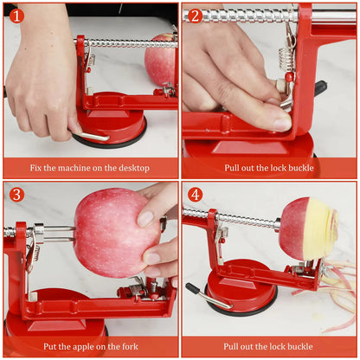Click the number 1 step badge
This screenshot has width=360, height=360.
pyautogui.click(x=16, y=15)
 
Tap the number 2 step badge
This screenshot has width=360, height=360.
pyautogui.click(x=196, y=15)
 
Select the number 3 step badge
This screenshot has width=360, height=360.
pyautogui.click(x=16, y=195)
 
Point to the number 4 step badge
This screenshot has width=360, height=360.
pyautogui.click(x=196, y=195)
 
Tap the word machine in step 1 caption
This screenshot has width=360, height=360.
pyautogui.click(x=77, y=167)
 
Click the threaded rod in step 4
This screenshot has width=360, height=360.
pyautogui.click(x=242, y=220)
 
